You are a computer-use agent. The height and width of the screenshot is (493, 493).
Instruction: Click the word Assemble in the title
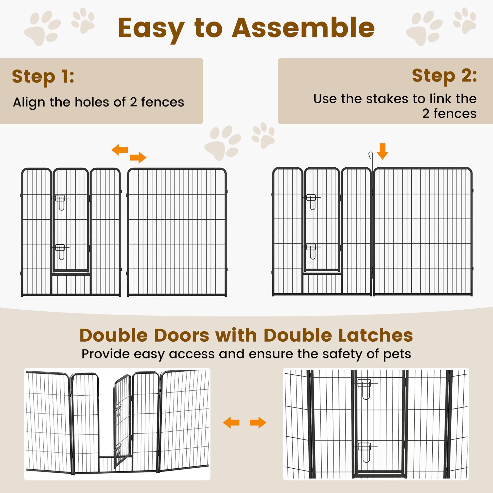click(x=303, y=28)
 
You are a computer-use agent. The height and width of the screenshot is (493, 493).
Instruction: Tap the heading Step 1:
click(x=43, y=76)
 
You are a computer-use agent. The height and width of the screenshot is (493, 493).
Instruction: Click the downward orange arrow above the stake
click(x=382, y=152)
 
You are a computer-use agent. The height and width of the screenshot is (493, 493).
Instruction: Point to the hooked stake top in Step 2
click(x=371, y=155)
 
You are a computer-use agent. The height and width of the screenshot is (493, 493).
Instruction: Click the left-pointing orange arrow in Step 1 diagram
click(x=120, y=150)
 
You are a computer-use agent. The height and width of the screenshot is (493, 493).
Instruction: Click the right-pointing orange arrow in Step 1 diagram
click(x=138, y=157)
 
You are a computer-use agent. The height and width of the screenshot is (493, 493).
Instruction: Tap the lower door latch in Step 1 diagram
click(x=60, y=252)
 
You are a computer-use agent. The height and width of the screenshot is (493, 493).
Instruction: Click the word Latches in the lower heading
click(x=376, y=335)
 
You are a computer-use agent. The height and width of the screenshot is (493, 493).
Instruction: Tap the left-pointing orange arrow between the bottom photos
click(x=231, y=423)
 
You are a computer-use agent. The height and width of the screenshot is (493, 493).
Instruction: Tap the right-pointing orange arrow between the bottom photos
click(x=258, y=423)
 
